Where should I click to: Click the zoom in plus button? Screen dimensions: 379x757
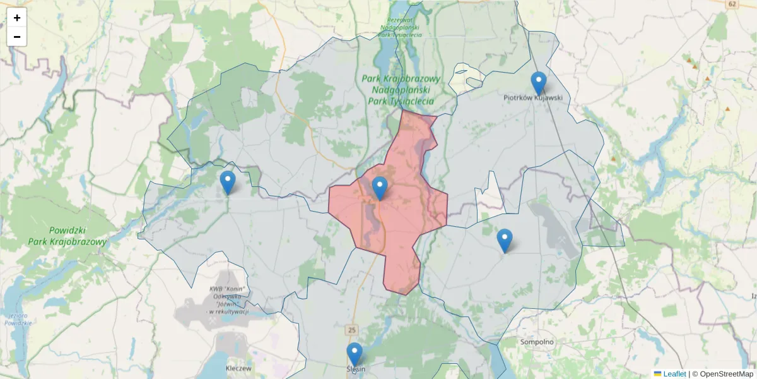pos(17,18)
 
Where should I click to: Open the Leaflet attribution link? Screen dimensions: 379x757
pos(674,374)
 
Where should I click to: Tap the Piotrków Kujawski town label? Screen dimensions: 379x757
pos(533,98)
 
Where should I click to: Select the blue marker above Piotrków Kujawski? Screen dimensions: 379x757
pos(538,82)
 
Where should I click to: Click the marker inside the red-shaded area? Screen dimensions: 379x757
pos(379,188)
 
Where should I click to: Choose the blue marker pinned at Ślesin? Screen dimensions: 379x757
pos(355,354)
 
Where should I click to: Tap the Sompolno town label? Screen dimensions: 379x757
pos(537,342)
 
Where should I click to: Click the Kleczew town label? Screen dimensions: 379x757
pos(238,368)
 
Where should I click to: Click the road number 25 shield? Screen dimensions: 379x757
pos(352,330)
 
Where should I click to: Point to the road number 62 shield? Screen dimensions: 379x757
pos(732,4)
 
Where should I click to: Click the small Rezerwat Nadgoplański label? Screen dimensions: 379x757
pos(399,27)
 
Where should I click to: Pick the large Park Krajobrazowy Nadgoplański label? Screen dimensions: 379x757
pos(401,90)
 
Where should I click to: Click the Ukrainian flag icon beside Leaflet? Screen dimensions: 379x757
pos(657,374)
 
